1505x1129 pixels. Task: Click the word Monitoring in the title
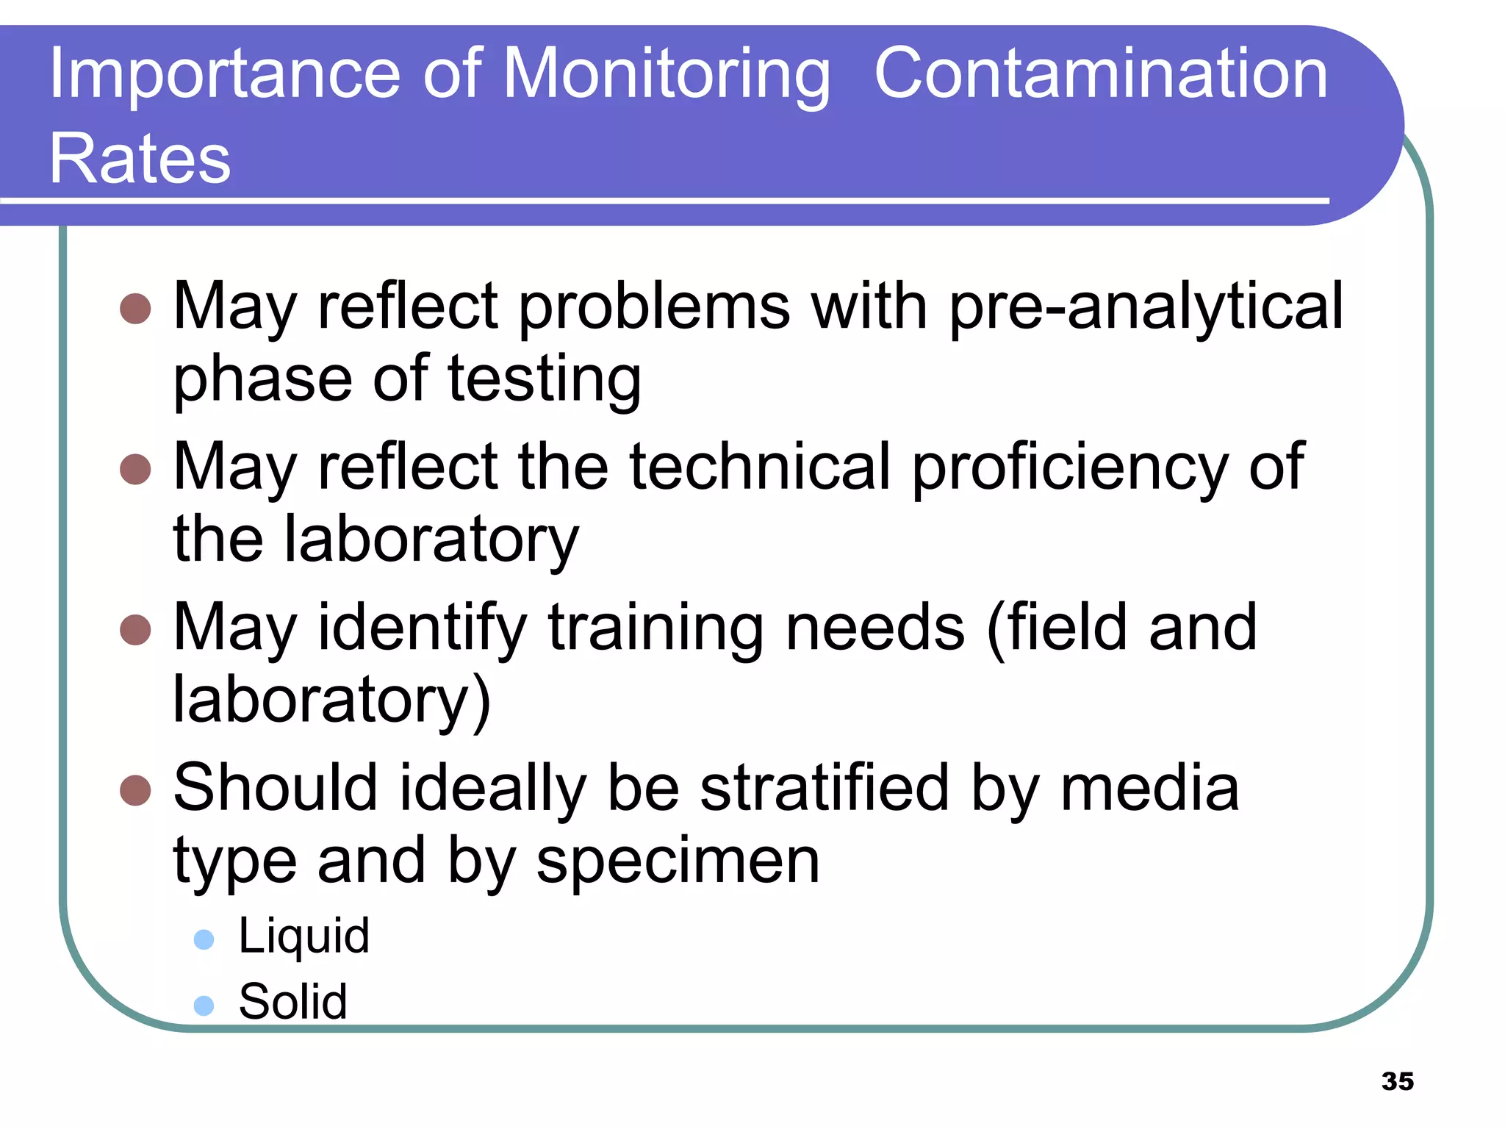pos(667,75)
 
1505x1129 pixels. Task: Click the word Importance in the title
pos(224,75)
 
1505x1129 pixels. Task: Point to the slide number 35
pos(1397,1081)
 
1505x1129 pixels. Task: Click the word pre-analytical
pos(1146,307)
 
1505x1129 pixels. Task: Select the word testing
pos(544,381)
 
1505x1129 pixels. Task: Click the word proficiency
pos(1070,467)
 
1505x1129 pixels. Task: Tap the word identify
pos(422,629)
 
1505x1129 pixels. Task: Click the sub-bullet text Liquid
pos(303,937)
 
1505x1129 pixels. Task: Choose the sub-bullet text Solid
pos(292,1002)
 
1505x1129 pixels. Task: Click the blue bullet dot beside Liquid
pos(204,939)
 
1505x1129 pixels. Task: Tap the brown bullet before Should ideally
pos(135,790)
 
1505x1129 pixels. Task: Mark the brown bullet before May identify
pos(135,630)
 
